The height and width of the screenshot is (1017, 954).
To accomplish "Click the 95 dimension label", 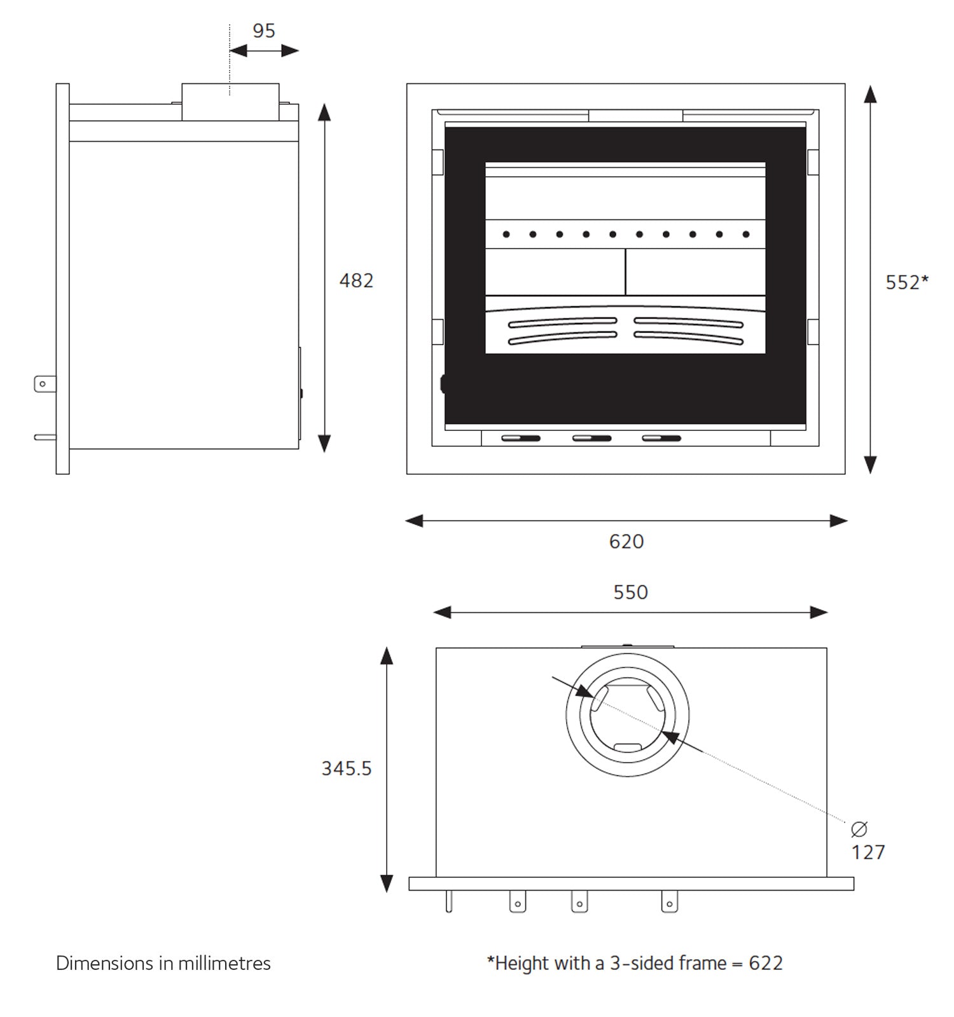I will tap(263, 31).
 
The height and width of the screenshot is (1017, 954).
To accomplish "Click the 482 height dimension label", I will tap(356, 280).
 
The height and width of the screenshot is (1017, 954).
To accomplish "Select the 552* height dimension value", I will tap(906, 282).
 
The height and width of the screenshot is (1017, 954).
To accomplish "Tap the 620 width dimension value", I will tap(626, 542).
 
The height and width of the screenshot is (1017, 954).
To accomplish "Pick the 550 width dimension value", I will tap(630, 592).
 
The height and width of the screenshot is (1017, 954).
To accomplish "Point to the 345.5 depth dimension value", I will tap(346, 768).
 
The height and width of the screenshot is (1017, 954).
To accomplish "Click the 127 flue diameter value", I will tap(868, 852).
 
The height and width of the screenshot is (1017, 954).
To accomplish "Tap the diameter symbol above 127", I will tap(859, 829).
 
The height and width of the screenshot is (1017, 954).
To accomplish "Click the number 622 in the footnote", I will tap(765, 963).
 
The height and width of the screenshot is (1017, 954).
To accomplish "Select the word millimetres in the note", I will tap(224, 963).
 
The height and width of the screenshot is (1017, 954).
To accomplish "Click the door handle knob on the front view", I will tap(443, 384).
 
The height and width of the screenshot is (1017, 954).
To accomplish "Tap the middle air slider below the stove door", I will tap(591, 438).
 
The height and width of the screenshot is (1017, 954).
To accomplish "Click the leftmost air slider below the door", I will tap(521, 438).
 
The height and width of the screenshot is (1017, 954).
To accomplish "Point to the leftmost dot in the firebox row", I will tap(506, 235).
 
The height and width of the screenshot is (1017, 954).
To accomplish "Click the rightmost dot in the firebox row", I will tap(746, 235).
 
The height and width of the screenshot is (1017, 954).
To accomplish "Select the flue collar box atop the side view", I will tap(230, 102).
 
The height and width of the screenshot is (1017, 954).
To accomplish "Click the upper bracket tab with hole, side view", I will tap(44, 384).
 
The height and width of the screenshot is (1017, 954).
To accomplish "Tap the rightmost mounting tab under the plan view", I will tap(669, 902).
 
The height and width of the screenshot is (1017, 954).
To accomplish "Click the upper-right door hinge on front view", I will tap(813, 162).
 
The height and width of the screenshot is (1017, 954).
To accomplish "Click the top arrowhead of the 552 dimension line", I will tap(870, 94).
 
